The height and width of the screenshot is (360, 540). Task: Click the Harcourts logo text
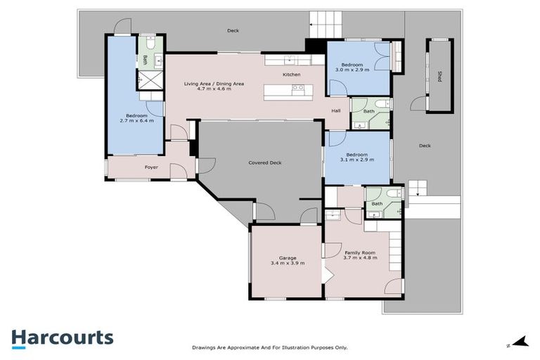(62, 337)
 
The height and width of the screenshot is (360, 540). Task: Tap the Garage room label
(288, 258)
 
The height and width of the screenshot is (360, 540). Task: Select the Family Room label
(359, 252)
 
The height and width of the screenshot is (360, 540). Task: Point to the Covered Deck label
(265, 162)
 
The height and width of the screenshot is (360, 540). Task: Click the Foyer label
(151, 167)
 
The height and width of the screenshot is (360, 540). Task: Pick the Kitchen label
(292, 75)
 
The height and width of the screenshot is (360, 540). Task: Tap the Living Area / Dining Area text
(214, 84)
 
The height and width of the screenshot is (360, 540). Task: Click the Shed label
(439, 76)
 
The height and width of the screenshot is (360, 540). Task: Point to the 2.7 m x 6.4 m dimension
(136, 121)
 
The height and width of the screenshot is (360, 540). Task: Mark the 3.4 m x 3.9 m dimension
(288, 264)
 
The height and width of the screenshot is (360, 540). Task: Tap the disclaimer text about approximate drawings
(270, 347)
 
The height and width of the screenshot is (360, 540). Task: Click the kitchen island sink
(297, 89)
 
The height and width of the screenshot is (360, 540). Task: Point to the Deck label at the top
(233, 31)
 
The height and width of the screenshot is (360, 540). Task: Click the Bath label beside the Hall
(368, 111)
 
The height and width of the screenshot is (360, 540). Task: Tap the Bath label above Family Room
(377, 204)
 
